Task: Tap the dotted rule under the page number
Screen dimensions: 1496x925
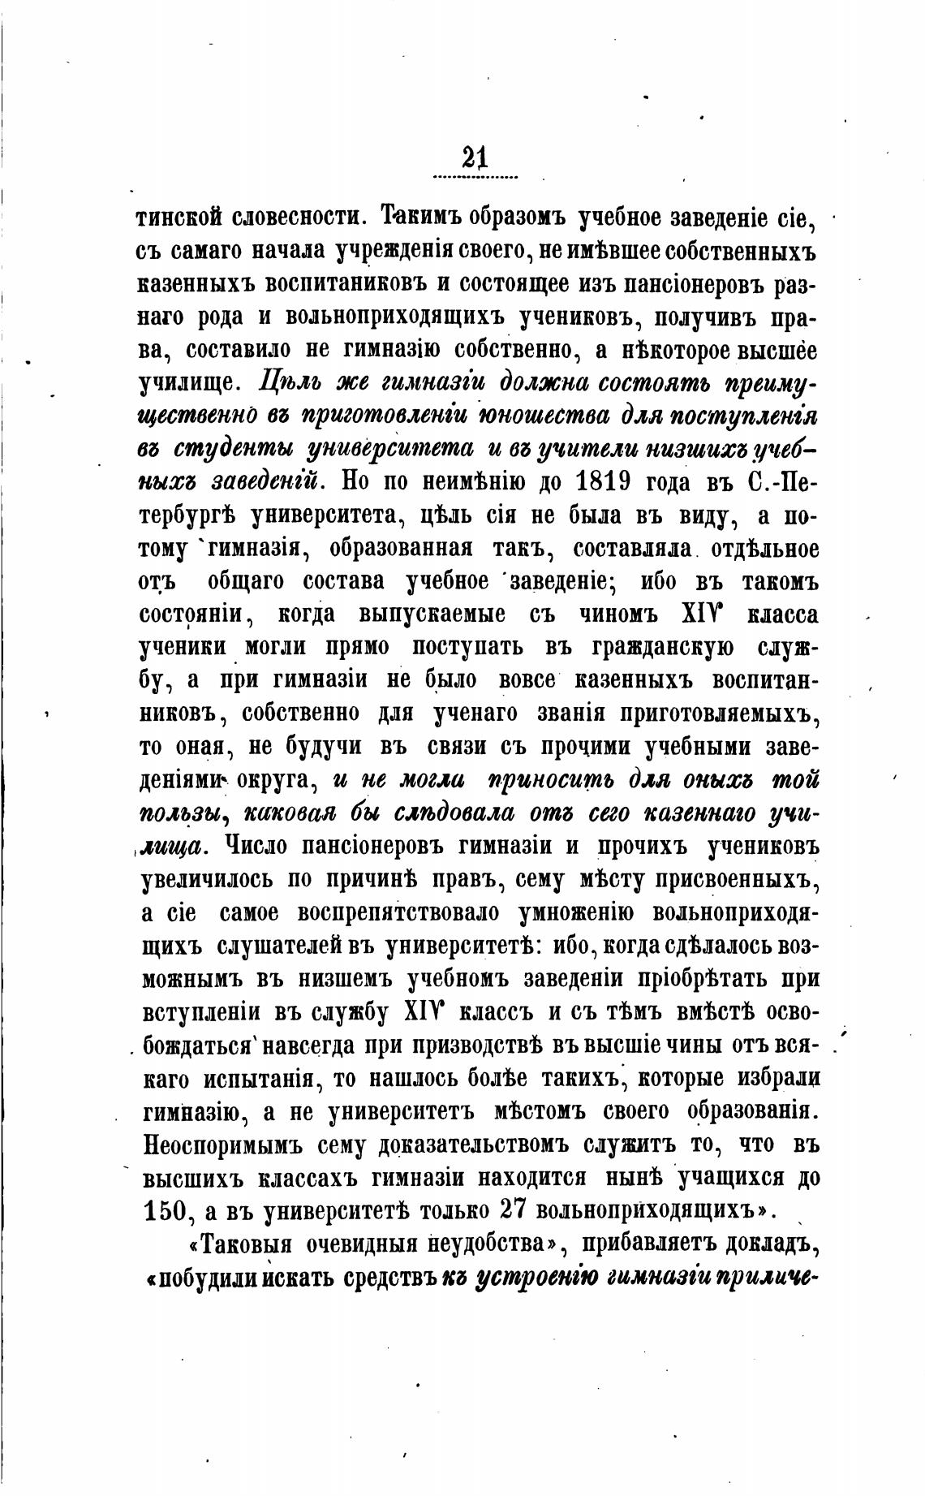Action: (475, 176)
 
